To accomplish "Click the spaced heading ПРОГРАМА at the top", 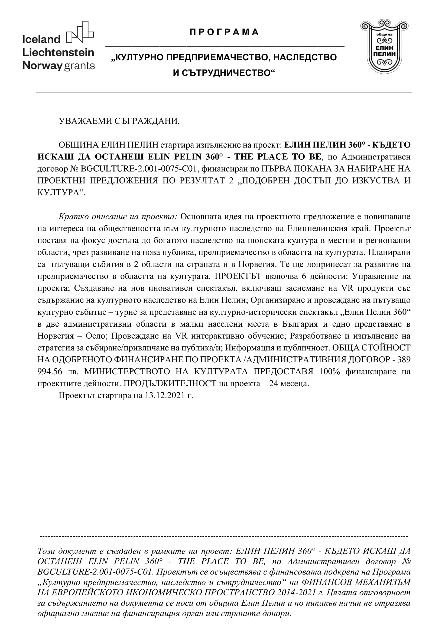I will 224,32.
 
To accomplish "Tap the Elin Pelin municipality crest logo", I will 384,47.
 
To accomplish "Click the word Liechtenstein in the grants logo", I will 58,53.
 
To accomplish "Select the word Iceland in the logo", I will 41,40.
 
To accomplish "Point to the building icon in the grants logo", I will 80,32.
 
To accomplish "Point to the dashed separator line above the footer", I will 224,536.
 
